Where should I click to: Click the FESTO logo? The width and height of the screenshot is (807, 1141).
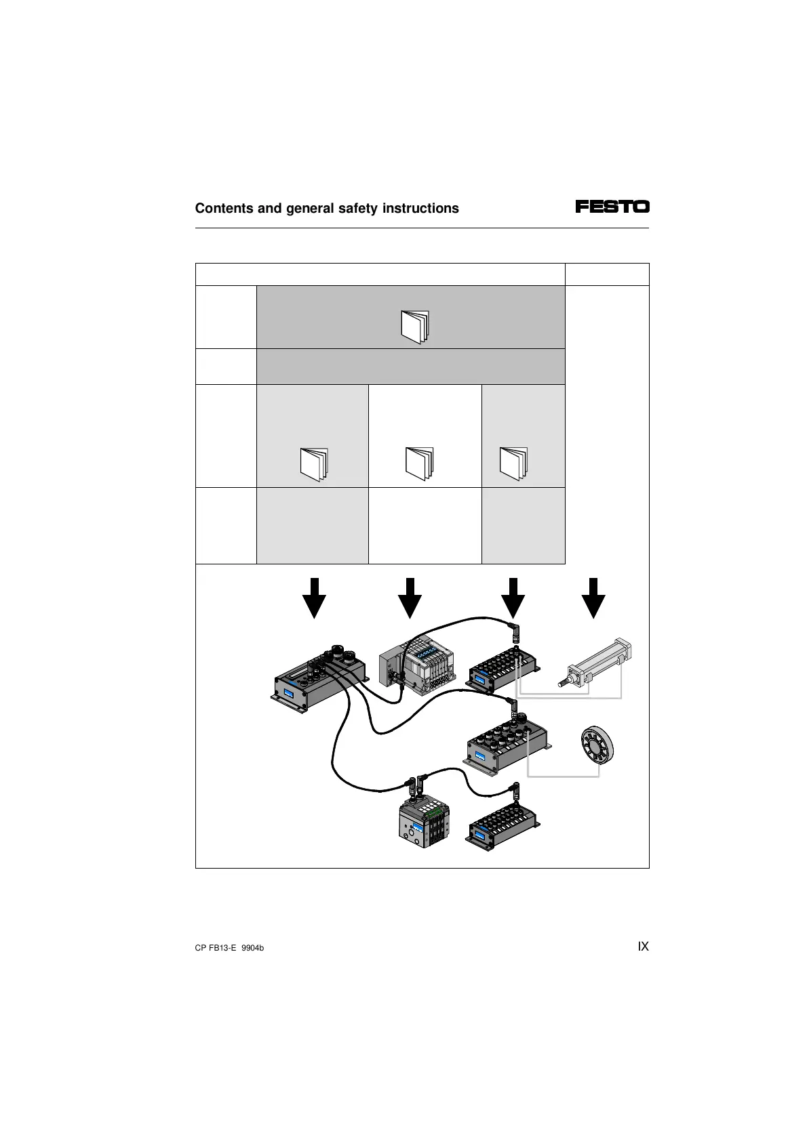click(612, 207)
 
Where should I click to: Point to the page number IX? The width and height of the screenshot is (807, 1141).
click(643, 947)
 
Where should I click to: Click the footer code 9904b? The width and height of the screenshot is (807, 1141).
click(252, 948)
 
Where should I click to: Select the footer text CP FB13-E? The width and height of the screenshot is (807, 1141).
click(215, 948)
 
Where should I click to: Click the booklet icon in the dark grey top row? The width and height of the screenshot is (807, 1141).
click(415, 327)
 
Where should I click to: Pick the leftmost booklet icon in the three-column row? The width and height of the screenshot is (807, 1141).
click(314, 464)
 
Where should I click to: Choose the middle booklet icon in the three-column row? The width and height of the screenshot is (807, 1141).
click(419, 463)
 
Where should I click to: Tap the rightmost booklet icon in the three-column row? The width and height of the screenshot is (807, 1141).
click(513, 463)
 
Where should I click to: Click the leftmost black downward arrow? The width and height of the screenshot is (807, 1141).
click(314, 598)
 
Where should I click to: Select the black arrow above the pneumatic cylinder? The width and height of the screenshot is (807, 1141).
click(593, 598)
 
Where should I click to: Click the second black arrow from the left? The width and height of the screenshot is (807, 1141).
click(410, 598)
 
